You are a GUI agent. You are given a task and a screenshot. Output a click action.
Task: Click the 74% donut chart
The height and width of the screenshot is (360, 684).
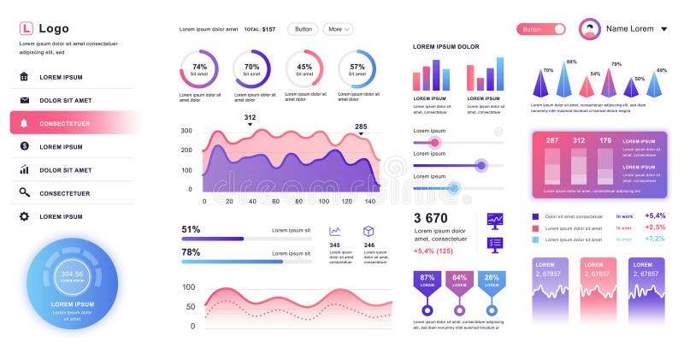199,69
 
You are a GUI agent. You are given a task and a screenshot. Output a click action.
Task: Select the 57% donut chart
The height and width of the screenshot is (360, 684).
357,69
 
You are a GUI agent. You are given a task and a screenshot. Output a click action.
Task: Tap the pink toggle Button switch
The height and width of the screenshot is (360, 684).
541,29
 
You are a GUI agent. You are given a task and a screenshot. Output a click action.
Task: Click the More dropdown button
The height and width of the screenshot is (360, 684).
338,29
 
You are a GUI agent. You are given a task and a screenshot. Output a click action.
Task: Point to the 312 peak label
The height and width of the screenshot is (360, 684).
250,117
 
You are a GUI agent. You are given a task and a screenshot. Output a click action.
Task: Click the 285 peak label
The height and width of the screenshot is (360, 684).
361,127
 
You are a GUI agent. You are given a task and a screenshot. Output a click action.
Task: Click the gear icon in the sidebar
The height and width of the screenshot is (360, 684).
24,216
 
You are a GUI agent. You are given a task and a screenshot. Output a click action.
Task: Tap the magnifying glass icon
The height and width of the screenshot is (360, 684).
24,193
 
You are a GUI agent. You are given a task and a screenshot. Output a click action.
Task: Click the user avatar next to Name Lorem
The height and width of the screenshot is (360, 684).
590,29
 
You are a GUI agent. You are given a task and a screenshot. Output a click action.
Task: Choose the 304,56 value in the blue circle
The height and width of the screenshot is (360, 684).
72,274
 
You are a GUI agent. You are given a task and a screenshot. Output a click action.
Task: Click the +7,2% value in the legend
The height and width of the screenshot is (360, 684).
655,239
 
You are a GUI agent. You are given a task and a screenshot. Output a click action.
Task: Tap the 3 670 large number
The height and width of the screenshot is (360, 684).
430,218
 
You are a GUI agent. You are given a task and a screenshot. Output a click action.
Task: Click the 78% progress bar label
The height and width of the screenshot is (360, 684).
191,252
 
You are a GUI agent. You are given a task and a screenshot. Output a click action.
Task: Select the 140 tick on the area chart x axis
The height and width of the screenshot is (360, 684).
370,201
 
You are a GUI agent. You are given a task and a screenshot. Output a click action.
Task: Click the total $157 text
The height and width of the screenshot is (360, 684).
260,29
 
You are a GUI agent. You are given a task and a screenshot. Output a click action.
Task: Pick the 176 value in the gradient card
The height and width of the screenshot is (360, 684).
605,140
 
